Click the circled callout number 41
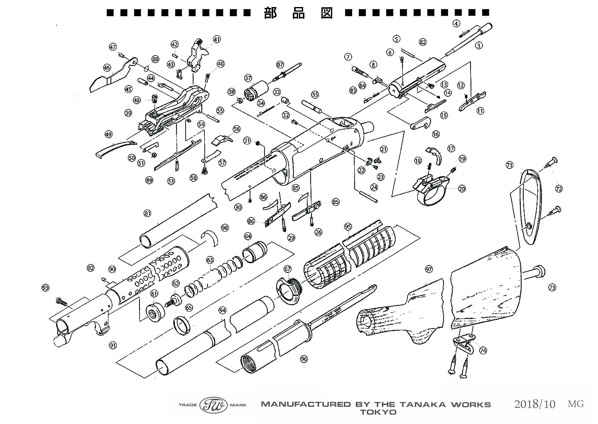217,39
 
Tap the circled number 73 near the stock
552,287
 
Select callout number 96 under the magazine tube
304,359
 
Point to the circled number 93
46,288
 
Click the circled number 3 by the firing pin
479,45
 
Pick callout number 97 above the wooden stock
429,269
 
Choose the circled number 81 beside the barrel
147,213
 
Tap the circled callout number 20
462,189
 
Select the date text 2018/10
534,404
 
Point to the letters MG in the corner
576,404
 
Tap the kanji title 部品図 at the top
298,13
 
